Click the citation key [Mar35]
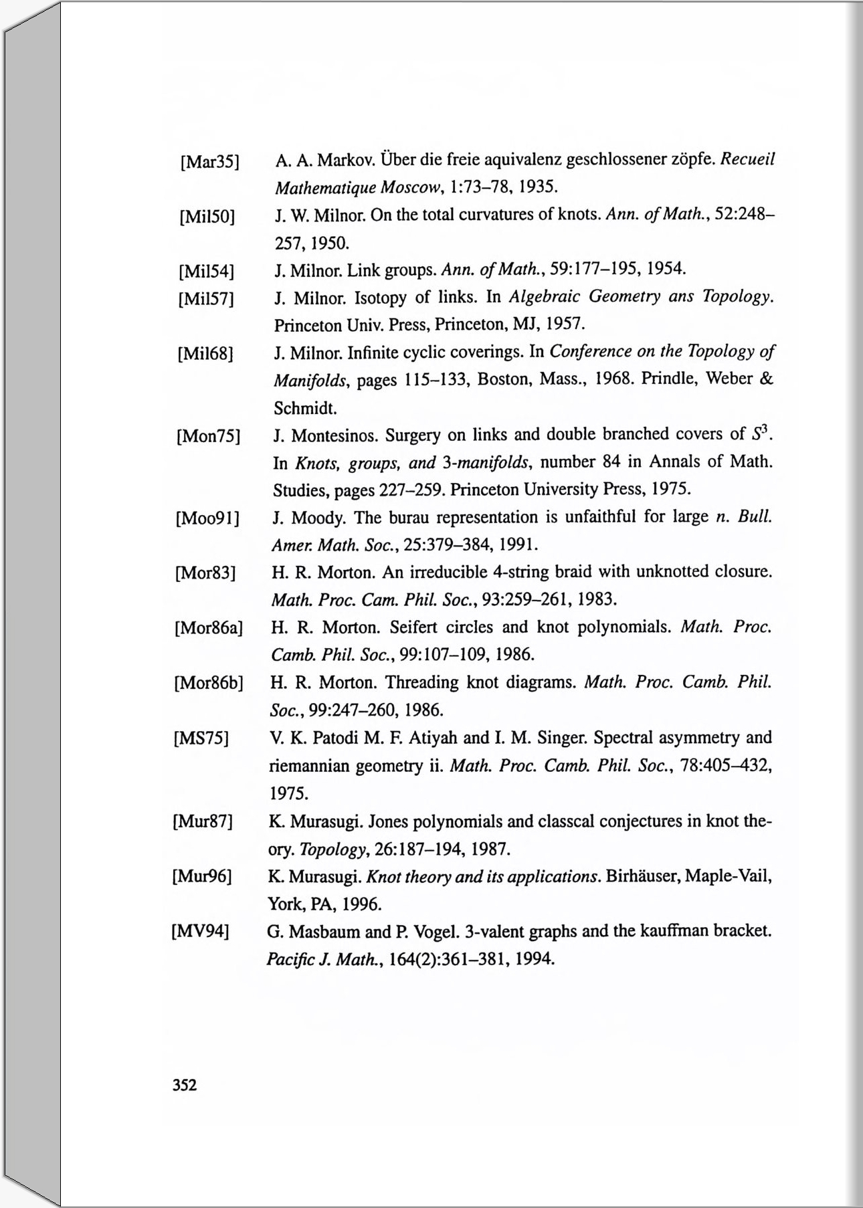coord(210,162)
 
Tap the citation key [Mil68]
coord(205,353)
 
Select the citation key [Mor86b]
coord(208,684)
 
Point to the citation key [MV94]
coord(201,931)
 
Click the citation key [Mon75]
coord(207,437)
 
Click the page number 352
coord(185,1085)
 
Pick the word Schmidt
coord(304,407)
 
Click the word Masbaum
coord(324,932)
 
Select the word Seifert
coord(418,627)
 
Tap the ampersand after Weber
coord(767,379)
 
